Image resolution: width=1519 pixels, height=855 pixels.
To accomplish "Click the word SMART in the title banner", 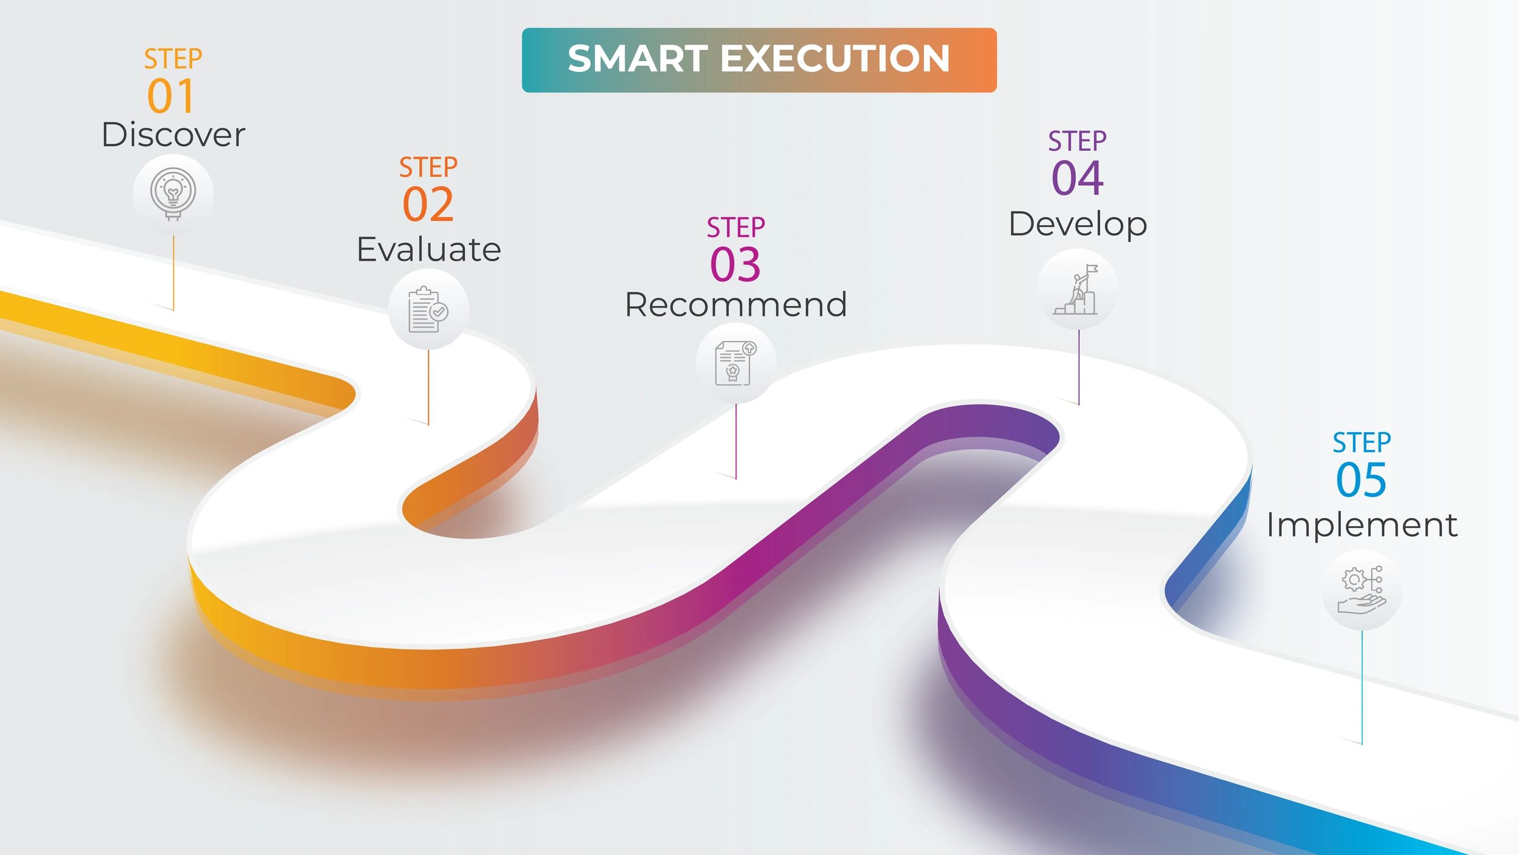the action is pyautogui.click(x=638, y=59).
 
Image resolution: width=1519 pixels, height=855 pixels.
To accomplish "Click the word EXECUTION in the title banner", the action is pyautogui.click(x=835, y=59).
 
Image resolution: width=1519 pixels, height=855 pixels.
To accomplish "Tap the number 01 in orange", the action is pyautogui.click(x=171, y=96).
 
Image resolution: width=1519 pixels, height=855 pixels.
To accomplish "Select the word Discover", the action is pyautogui.click(x=173, y=135).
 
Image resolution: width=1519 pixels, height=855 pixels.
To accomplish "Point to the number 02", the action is pyautogui.click(x=428, y=204).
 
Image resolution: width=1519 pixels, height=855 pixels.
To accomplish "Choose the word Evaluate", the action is pyautogui.click(x=428, y=249).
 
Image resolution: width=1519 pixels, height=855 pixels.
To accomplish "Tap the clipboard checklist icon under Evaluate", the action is pyautogui.click(x=428, y=309).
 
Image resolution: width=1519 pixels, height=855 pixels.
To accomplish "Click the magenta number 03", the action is pyautogui.click(x=735, y=264).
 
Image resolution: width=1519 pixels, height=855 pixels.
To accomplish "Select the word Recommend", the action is pyautogui.click(x=736, y=305).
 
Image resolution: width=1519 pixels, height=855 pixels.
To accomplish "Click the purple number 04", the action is pyautogui.click(x=1078, y=178).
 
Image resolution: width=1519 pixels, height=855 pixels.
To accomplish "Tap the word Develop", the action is pyautogui.click(x=1078, y=224).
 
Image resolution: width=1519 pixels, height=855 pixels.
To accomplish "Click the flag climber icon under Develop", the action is pyautogui.click(x=1076, y=289).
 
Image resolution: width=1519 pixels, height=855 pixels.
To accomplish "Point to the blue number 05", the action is pyautogui.click(x=1361, y=480).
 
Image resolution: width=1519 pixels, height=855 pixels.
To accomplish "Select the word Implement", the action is pyautogui.click(x=1362, y=525).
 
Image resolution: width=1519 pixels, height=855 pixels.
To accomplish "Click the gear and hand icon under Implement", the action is pyautogui.click(x=1362, y=590).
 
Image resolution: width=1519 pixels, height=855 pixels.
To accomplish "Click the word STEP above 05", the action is pyautogui.click(x=1362, y=443).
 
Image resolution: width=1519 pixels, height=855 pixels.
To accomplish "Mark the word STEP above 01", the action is pyautogui.click(x=173, y=59).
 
